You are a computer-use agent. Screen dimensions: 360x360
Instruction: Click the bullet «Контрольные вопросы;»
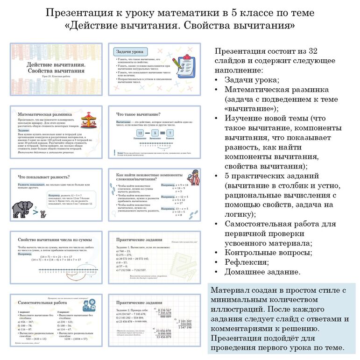tap(268, 253)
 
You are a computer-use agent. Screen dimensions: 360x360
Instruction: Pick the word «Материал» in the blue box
tap(231, 290)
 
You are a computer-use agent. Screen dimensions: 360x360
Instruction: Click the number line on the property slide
tap(58, 270)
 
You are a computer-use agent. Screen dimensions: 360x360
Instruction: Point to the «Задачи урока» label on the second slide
tap(129, 51)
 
